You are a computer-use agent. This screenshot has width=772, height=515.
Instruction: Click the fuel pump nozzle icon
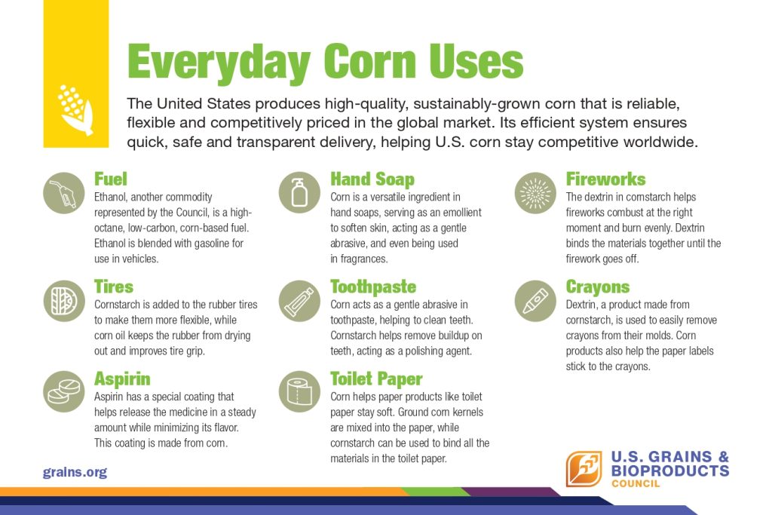click(x=64, y=193)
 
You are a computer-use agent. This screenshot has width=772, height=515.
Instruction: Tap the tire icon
click(x=64, y=301)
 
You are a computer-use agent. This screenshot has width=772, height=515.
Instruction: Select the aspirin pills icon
click(x=64, y=391)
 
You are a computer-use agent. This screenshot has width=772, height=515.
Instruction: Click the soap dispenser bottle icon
click(x=299, y=192)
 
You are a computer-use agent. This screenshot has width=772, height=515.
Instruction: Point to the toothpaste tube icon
click(x=299, y=301)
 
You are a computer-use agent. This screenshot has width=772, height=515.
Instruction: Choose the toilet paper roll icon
click(x=299, y=391)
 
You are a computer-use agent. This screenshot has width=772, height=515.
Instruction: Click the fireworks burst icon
click(x=535, y=193)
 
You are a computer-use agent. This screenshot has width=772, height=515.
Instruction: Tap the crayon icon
click(x=535, y=301)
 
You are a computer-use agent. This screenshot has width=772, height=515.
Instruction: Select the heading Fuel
click(x=111, y=179)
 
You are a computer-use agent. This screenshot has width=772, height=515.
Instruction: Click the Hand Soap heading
click(x=372, y=179)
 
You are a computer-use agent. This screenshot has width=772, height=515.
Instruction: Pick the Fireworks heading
click(x=605, y=179)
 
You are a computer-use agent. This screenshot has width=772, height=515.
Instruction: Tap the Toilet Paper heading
click(x=376, y=379)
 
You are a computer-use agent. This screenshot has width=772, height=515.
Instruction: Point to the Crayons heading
click(x=598, y=287)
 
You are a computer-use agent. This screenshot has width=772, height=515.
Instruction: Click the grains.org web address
click(x=75, y=472)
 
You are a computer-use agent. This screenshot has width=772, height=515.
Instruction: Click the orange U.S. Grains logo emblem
click(x=584, y=469)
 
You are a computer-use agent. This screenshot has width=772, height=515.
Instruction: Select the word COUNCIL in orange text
click(x=636, y=483)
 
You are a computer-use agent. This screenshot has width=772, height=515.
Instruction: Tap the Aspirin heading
click(x=122, y=379)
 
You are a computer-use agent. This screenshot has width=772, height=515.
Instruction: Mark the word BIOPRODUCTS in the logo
click(x=670, y=471)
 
